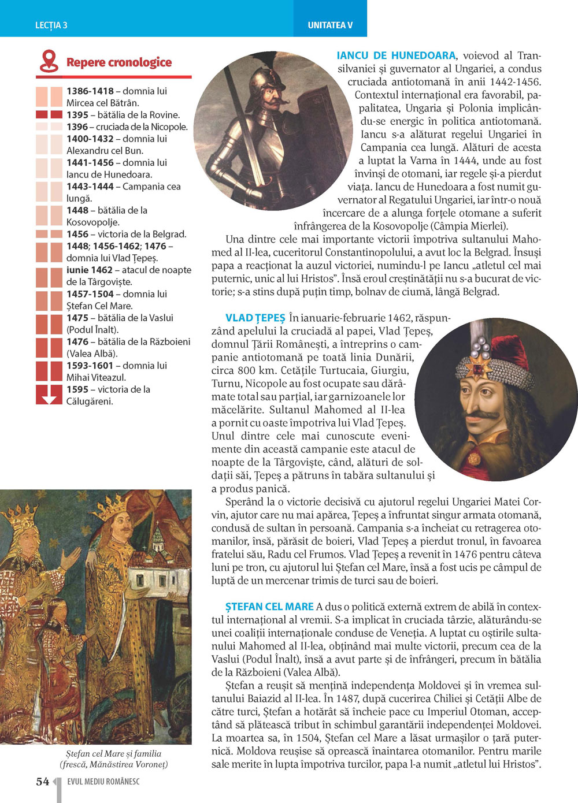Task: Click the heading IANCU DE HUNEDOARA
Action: [396, 56]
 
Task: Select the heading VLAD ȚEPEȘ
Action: [255, 318]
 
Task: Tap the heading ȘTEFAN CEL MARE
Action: [269, 607]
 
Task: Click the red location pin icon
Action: [49, 61]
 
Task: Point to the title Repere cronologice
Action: [119, 62]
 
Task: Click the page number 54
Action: [42, 782]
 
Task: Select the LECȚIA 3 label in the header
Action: [51, 25]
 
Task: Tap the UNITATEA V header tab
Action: [330, 25]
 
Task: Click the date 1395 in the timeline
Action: [77, 115]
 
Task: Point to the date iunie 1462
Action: [89, 270]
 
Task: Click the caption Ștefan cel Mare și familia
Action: [113, 753]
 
